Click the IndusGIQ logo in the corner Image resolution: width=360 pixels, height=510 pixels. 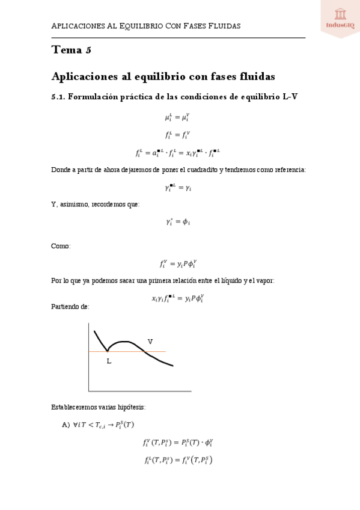click(340, 18)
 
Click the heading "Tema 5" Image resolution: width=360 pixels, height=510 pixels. click(72, 51)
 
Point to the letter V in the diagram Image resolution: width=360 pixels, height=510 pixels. click(150, 342)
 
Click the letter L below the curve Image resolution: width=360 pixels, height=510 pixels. click(109, 361)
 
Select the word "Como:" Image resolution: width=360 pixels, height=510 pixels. click(61, 246)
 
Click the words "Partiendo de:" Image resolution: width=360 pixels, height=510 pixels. click(70, 307)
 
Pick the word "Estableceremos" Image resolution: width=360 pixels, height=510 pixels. click(75, 407)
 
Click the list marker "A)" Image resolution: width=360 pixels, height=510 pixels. click(66, 425)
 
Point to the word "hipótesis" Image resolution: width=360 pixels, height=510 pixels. click(132, 407)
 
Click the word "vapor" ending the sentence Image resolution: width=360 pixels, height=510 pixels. click(264, 280)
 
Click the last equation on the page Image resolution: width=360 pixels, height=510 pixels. click(178, 461)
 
